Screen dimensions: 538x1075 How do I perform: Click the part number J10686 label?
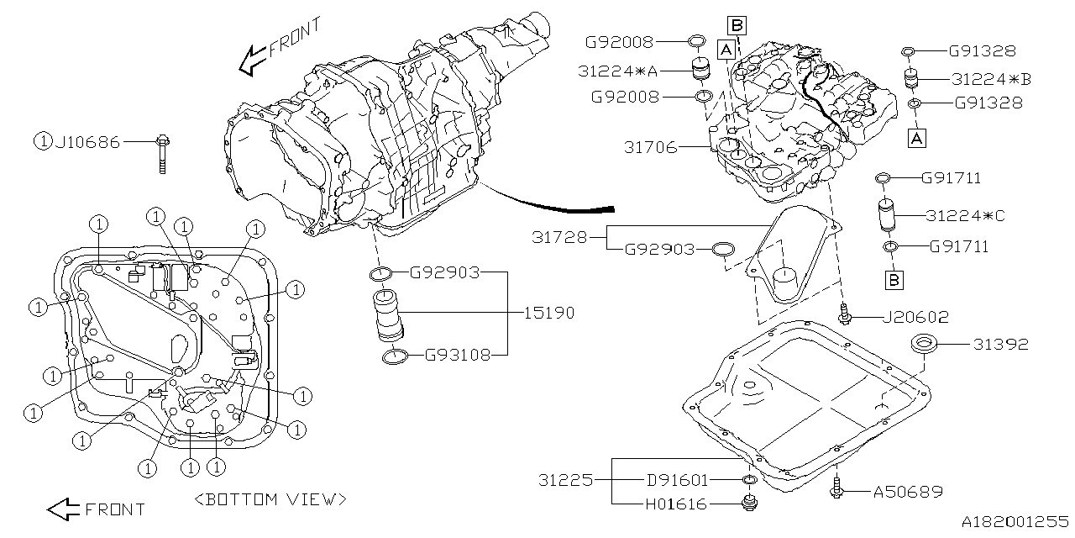[87, 142]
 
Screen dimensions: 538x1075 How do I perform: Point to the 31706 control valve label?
[650, 147]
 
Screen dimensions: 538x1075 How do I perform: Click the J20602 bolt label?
[915, 317]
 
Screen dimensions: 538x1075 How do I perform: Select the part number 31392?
[1001, 344]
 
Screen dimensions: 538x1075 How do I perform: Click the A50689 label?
[908, 491]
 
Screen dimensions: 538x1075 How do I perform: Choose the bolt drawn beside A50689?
[838, 487]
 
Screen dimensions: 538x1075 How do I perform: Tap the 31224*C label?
[965, 216]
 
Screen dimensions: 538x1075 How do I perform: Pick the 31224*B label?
[991, 79]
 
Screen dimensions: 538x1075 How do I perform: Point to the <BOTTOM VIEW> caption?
[270, 499]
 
